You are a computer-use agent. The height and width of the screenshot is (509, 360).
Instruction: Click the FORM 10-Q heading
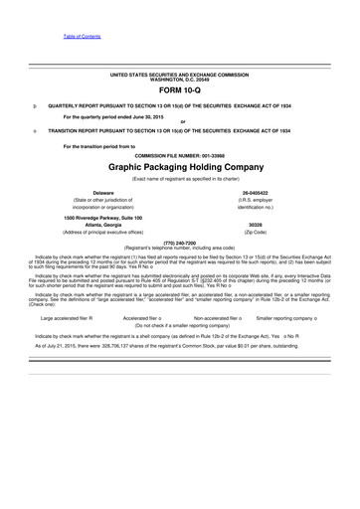pos(179,89)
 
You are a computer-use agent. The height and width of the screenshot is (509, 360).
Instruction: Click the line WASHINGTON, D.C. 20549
pos(181,80)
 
